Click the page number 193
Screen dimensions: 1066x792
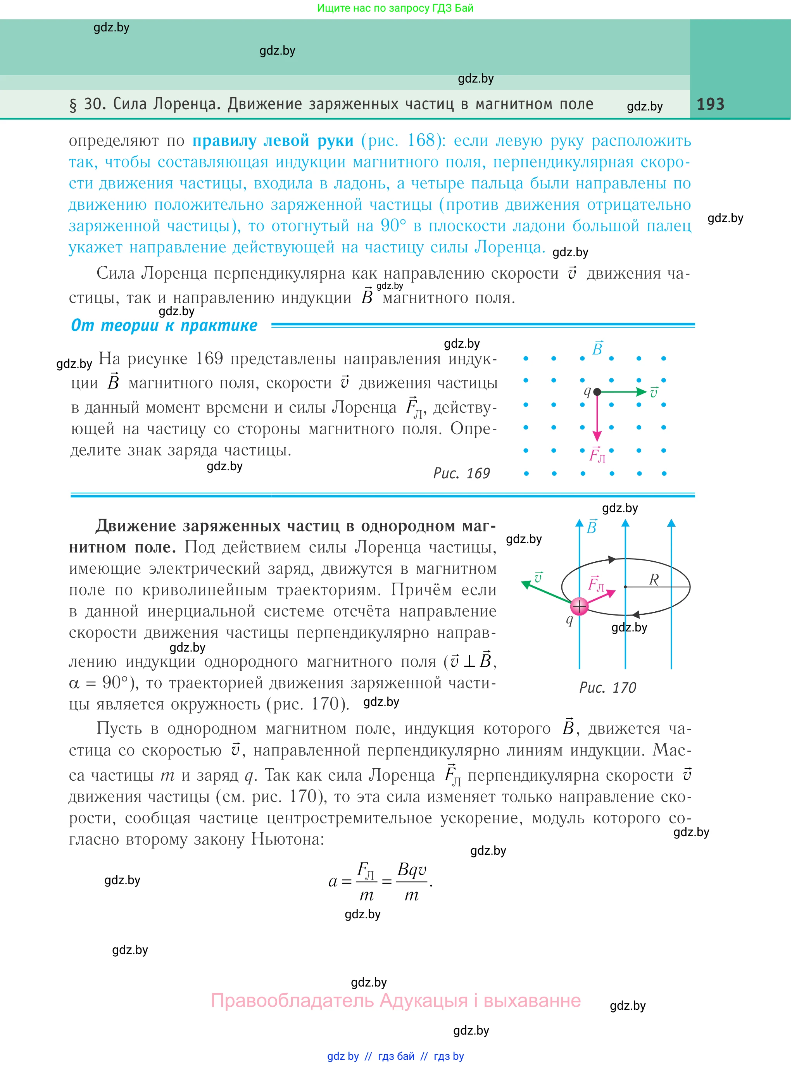(710, 104)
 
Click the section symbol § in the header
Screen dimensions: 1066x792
(73, 105)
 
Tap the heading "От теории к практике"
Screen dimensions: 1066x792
(164, 326)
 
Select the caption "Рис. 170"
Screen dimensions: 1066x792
(607, 688)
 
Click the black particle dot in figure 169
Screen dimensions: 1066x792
(597, 392)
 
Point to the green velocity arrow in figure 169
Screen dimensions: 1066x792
(623, 392)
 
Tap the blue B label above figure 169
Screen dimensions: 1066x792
(597, 349)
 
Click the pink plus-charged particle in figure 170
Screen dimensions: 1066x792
(579, 607)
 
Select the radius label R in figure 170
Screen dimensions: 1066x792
(654, 580)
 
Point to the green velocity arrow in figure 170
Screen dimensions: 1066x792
(547, 592)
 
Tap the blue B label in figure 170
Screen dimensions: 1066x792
(592, 527)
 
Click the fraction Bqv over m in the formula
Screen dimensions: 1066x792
(412, 882)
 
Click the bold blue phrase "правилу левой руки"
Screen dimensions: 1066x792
(273, 141)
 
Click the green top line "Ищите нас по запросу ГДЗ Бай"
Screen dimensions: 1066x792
(395, 8)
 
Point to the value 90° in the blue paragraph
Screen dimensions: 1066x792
(393, 226)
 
